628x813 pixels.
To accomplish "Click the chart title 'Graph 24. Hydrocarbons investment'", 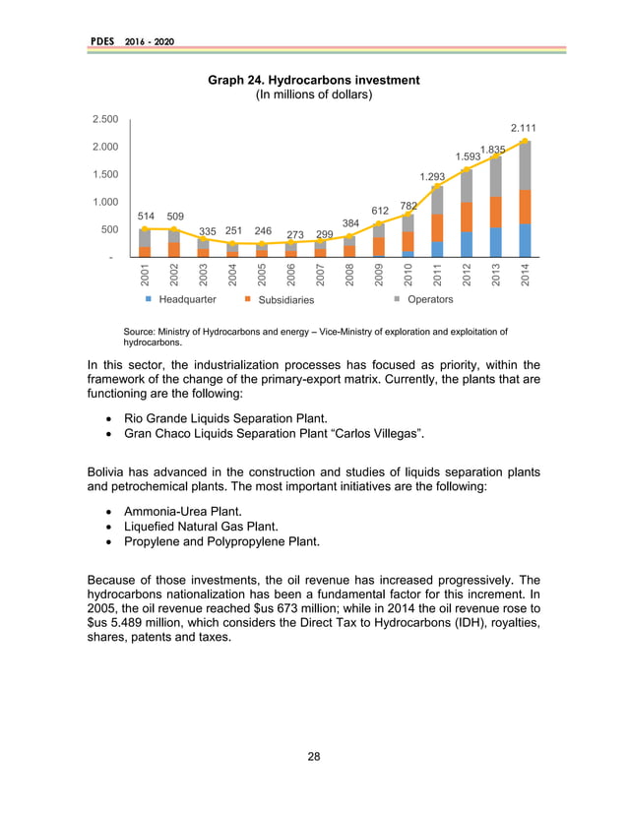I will pos(314,80).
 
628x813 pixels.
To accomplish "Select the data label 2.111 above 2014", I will pos(523,127).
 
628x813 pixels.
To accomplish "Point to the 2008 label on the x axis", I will pos(350,275).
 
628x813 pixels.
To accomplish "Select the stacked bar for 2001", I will pos(145,243).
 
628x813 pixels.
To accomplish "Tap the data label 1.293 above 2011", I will pos(433,177).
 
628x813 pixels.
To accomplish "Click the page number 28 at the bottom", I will pos(314,756).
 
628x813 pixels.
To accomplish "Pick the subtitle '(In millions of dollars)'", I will pos(314,95).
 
